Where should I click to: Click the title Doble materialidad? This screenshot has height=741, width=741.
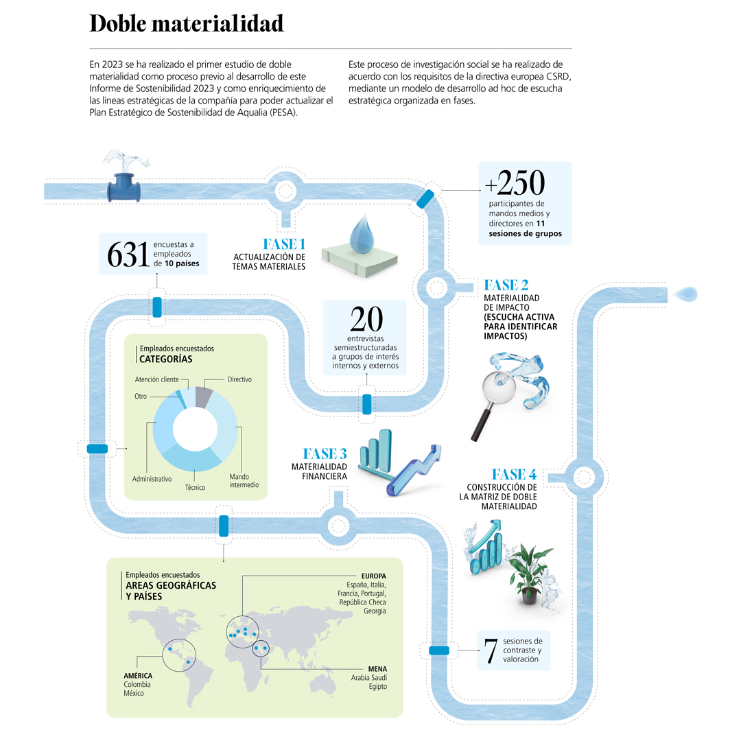(x=186, y=24)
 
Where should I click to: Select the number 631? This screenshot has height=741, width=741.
(x=128, y=255)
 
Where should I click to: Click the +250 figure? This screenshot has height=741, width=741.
(x=515, y=183)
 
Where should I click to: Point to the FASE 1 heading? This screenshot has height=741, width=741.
(x=283, y=244)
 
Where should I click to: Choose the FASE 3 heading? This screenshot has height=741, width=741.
(x=325, y=454)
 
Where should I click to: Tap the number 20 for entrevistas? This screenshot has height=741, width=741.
(x=366, y=319)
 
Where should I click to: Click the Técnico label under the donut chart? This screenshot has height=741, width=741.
(x=195, y=486)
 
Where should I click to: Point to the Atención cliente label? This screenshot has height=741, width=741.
(x=156, y=379)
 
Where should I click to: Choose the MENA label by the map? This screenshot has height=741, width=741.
(x=377, y=668)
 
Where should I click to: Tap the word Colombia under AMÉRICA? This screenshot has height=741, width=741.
(x=137, y=684)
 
